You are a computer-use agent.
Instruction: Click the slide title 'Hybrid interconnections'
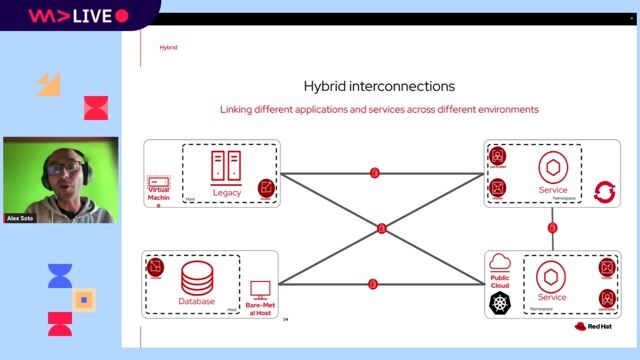click(379, 86)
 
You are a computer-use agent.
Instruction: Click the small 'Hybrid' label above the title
click(168, 48)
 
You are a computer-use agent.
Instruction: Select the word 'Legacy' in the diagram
click(227, 192)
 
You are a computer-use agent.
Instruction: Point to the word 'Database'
click(199, 301)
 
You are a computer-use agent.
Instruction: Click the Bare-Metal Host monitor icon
click(260, 289)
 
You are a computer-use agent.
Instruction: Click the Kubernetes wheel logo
click(500, 303)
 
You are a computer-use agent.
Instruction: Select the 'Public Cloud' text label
click(500, 279)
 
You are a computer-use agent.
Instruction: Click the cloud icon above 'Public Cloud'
click(500, 261)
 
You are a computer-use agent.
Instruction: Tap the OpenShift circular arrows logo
click(603, 190)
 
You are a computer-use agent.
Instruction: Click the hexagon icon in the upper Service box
click(552, 166)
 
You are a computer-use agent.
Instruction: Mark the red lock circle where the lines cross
click(381, 229)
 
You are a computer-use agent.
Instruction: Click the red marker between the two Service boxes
click(552, 228)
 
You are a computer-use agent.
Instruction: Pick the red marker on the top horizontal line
click(375, 173)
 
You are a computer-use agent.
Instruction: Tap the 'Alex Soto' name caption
click(19, 217)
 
